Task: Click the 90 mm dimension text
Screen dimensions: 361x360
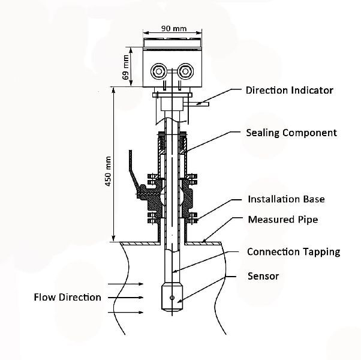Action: tap(174, 29)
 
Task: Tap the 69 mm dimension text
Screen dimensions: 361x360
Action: tap(126, 67)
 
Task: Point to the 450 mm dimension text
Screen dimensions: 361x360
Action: tap(108, 171)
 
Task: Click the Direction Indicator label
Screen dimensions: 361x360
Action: tap(290, 90)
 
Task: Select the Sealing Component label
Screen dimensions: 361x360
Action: tap(291, 133)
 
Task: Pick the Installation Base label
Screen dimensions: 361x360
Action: tap(286, 199)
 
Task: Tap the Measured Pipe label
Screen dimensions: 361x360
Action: tap(283, 220)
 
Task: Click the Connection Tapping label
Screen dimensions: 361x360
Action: tap(294, 252)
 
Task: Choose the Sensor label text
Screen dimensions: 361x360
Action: tap(263, 276)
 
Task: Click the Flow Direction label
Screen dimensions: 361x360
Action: tap(67, 297)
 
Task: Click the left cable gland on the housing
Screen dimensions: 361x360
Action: tap(159, 71)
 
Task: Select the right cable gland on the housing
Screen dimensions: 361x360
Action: tap(185, 71)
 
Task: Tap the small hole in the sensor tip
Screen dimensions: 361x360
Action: tap(172, 298)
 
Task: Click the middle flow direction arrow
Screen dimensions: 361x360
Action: tap(125, 298)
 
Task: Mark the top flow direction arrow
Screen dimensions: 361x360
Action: tap(125, 284)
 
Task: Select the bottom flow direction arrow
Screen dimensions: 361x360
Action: tap(125, 313)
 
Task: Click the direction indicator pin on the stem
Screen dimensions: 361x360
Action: tap(196, 104)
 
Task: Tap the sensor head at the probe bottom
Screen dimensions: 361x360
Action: tap(172, 298)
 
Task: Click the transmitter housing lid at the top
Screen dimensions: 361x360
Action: tap(172, 43)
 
